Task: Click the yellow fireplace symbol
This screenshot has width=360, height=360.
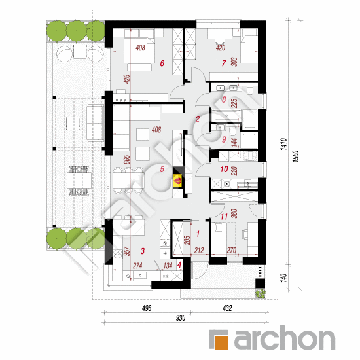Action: coord(178,181)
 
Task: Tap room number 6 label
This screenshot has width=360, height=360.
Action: coord(162,63)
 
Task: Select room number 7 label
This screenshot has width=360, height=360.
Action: coord(224,63)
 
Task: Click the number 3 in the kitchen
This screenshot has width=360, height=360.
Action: coord(143,251)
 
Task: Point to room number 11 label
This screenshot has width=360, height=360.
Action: coord(224,217)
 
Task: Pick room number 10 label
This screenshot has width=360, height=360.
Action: coord(224,170)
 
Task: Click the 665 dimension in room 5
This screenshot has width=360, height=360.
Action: coord(127,160)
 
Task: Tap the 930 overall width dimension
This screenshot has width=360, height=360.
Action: coord(181,318)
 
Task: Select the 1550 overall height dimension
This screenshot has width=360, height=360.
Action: coord(296,156)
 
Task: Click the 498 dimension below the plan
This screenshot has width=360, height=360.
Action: coord(147,308)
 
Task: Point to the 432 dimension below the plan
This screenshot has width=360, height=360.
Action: coord(227,308)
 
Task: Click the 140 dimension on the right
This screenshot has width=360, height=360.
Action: coord(284,278)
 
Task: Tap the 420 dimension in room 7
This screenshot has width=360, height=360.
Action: coord(221,48)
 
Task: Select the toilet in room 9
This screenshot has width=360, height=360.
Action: coord(233,131)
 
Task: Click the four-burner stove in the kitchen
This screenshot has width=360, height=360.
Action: coord(118,254)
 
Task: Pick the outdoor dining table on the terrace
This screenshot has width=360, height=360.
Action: coord(79,180)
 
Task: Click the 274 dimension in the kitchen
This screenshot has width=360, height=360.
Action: coord(137,266)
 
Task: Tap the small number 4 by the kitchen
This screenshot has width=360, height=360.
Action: coord(179,265)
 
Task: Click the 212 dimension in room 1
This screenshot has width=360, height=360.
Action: coord(199,251)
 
